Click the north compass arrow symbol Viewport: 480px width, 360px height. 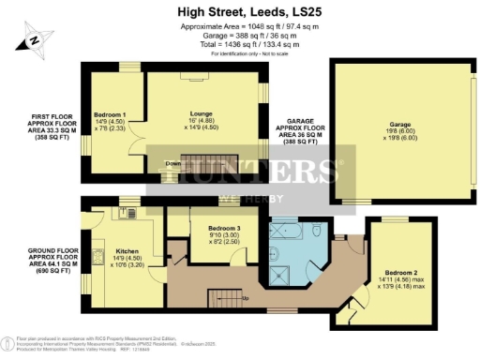(32, 40)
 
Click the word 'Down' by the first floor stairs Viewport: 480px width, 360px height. (172, 163)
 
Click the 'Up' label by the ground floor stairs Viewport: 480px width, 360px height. (246, 299)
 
